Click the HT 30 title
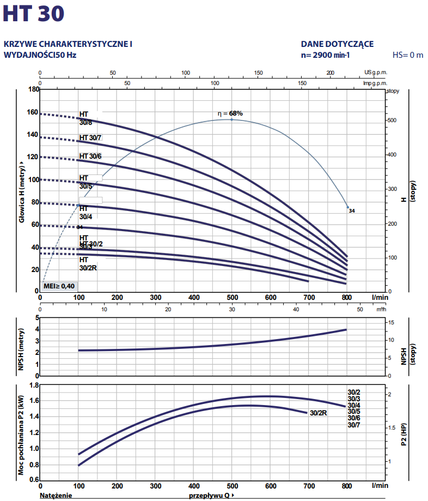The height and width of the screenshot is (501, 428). pos(33,14)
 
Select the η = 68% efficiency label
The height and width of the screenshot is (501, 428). pos(230,113)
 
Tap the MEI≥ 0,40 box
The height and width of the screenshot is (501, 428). pos(59,286)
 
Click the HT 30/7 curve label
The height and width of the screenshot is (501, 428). pos(90,138)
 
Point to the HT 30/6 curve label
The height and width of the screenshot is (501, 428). pos(90,156)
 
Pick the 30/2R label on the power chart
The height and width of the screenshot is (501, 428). pos(318,413)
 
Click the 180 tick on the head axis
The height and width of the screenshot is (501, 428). pos(34,89)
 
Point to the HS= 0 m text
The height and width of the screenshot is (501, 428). pos(408,55)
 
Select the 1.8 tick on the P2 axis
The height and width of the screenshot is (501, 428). pos(34,385)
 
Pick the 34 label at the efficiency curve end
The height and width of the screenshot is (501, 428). pos(352,210)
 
